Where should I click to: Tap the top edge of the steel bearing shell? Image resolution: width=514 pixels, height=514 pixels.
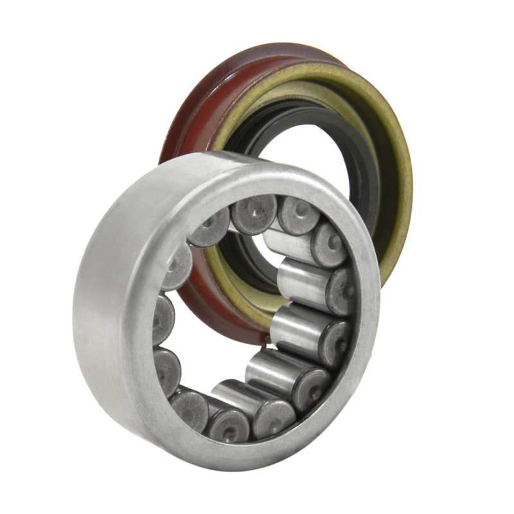click(x=212, y=161)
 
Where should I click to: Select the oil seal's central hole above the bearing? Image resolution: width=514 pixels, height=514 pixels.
click(x=302, y=154)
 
